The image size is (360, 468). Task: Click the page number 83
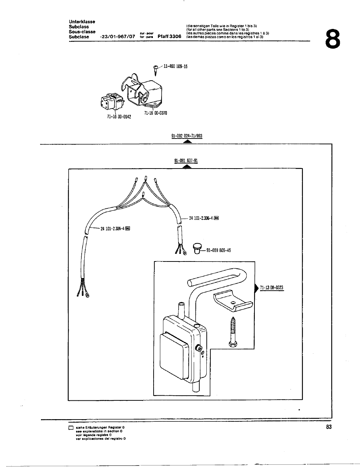click(328, 427)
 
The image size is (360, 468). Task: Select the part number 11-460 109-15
click(175, 67)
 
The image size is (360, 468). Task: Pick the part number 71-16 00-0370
click(155, 113)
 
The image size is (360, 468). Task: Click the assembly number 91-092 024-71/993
click(187, 136)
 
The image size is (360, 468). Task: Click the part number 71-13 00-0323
click(271, 288)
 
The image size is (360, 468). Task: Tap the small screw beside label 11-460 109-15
click(156, 69)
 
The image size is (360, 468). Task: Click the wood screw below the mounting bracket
click(232, 331)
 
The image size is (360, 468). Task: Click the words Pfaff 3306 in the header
click(170, 37)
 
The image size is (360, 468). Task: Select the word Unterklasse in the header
click(82, 22)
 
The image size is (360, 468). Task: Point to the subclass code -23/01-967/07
click(117, 37)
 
